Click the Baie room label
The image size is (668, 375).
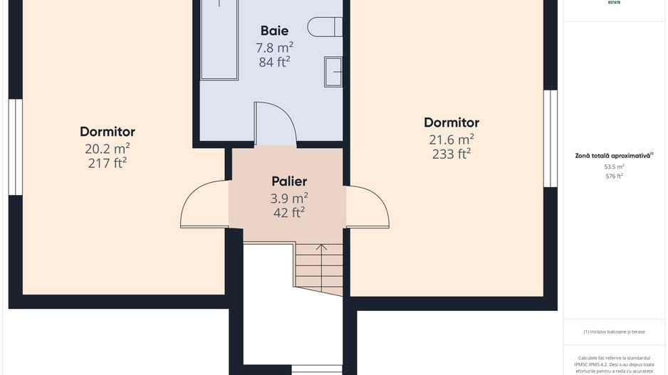pos(274,31)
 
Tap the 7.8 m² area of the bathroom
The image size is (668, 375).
pos(274,47)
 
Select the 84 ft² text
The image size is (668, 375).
pos(274,61)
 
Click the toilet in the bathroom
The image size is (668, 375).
pos(324,27)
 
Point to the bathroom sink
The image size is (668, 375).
pos(333,72)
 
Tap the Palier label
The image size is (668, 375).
pos(289,181)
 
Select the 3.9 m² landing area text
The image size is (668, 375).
pos(289,198)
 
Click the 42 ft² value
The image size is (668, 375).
pos(289,212)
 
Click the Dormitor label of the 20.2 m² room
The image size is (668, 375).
pos(108,132)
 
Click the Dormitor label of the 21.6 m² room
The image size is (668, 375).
pos(452,122)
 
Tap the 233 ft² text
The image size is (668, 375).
pos(452,154)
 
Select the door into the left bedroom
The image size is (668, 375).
pos(203,206)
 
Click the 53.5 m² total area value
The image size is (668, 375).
pos(614,167)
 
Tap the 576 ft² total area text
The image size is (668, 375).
pos(614,176)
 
